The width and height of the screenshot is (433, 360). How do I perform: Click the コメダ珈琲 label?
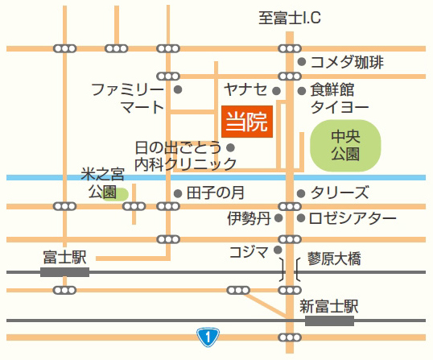coord(347,62)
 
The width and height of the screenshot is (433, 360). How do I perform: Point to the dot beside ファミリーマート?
coord(178,89)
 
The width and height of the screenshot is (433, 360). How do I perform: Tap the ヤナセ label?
coord(245,89)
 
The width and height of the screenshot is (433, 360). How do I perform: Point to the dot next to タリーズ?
coord(301,193)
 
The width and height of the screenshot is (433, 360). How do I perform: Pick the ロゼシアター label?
coord(353,217)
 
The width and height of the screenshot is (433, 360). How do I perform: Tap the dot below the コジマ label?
coord(278,250)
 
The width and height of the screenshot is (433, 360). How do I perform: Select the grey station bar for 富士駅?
coord(64,272)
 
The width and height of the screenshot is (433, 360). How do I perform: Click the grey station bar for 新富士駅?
coord(328,320)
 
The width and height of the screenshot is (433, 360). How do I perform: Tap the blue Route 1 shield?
coord(208,336)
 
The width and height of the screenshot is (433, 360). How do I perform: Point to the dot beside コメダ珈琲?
coord(301,62)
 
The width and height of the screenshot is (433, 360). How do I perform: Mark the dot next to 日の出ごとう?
coord(231,147)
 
